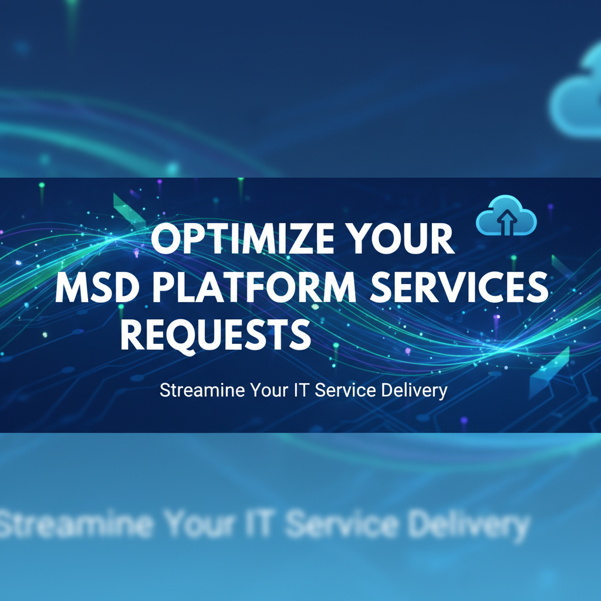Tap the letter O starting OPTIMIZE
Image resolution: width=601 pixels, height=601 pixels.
[x=167, y=240]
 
